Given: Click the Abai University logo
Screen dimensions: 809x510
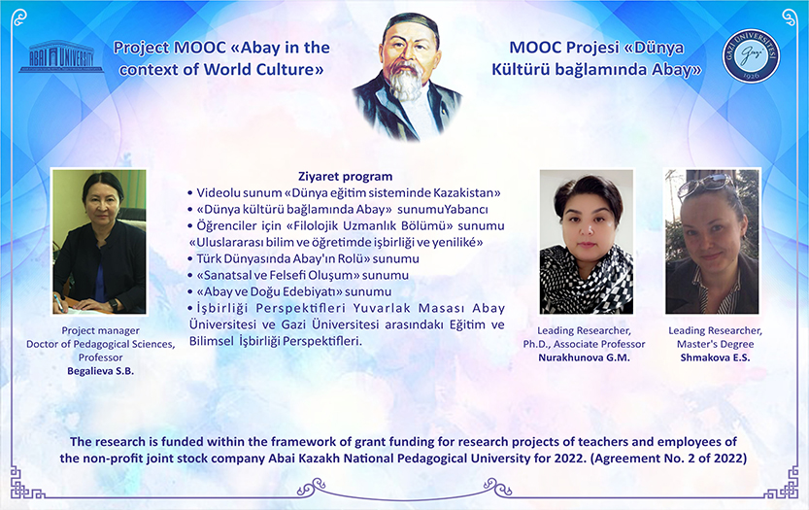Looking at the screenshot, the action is pos(61,56).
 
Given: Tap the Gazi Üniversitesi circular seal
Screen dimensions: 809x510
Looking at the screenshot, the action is pos(751,55).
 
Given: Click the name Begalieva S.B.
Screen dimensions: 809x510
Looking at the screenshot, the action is pos(101,371).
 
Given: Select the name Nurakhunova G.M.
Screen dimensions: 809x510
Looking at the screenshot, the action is pos(584,357).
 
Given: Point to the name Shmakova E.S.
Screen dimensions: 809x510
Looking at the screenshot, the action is pos(715,357).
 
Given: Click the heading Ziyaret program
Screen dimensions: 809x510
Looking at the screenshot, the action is pos(345,177).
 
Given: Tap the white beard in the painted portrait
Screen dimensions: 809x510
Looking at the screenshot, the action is pos(406,83).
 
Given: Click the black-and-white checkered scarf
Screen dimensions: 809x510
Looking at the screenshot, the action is pos(587,280).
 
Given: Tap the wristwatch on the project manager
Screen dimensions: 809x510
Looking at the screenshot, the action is pos(113,305).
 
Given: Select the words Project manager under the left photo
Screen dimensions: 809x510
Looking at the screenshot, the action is pos(101,330).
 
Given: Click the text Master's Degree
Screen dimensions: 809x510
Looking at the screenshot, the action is pos(715,344).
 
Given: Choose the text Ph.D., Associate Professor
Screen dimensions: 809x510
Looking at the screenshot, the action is pos(584,344).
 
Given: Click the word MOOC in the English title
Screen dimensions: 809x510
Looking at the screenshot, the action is pos(200,48).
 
